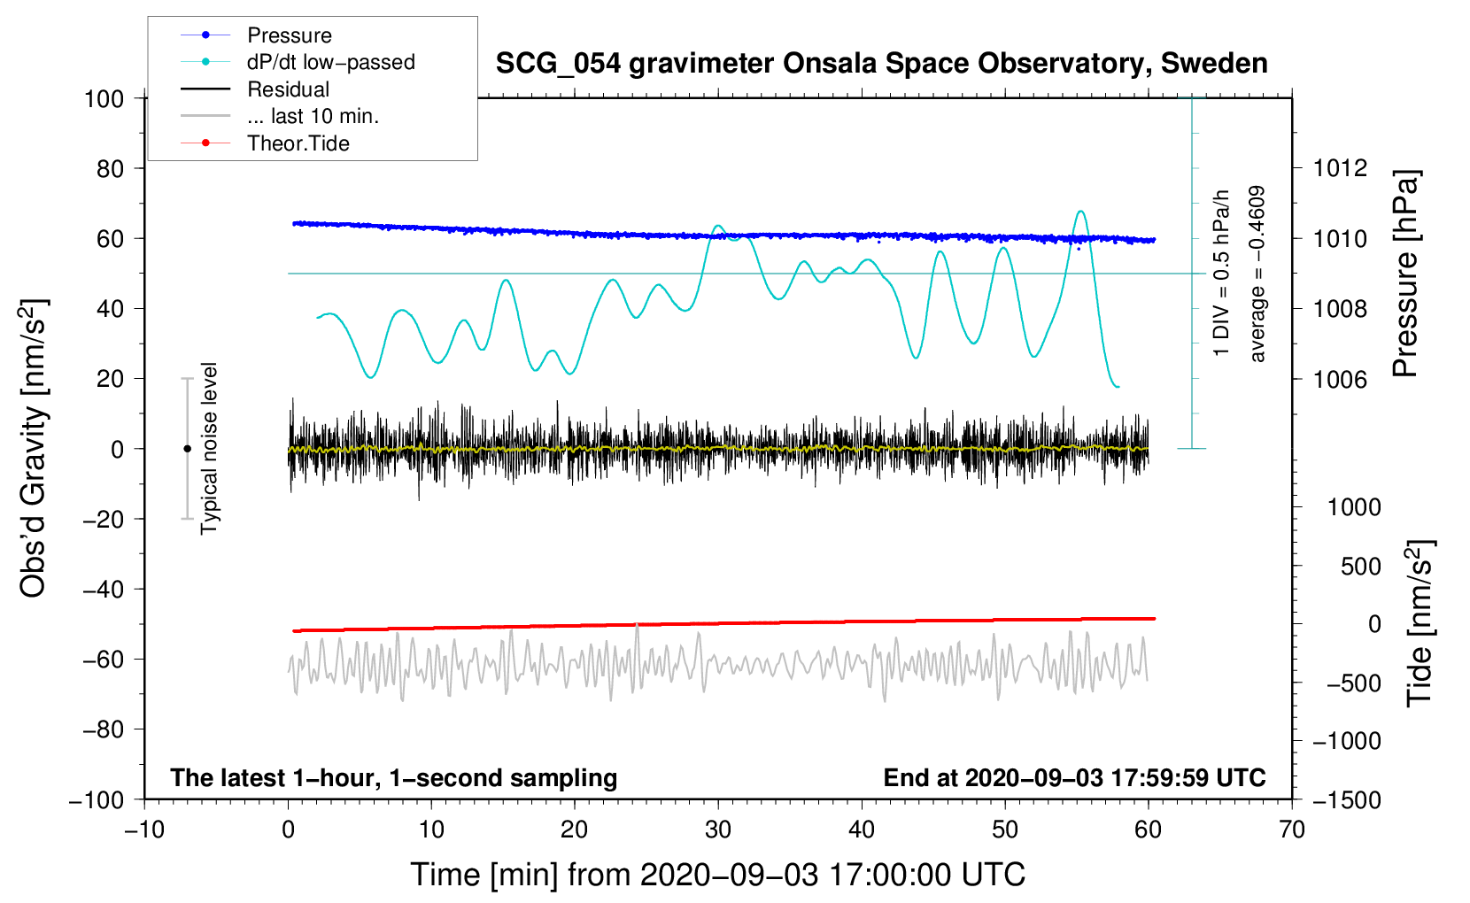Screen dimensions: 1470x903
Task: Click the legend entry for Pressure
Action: (256, 35)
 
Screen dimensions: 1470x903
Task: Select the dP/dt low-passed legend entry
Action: (298, 62)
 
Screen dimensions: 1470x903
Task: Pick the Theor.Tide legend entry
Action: (265, 143)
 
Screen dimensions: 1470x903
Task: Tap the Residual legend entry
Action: (255, 89)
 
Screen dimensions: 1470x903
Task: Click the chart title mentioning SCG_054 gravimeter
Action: (881, 64)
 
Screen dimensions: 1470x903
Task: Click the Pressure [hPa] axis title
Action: (1405, 273)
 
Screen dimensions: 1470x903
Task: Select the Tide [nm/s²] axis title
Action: (1420, 623)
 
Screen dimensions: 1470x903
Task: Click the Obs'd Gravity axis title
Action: (34, 448)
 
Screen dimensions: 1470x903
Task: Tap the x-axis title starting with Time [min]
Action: (718, 876)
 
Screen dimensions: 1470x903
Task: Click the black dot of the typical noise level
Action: (187, 449)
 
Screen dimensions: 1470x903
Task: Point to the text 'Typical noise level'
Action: (209, 449)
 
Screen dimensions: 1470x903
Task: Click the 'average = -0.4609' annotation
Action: (1256, 274)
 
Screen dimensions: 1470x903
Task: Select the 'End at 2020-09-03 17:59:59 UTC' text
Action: (1074, 777)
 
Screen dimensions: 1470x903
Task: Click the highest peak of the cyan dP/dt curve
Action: (1080, 212)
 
